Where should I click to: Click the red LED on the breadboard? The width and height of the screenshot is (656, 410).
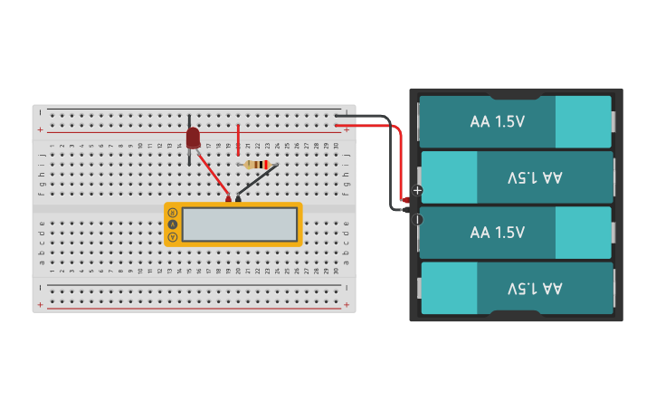pyautogui.click(x=192, y=138)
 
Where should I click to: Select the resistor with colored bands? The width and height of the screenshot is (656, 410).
pyautogui.click(x=258, y=165)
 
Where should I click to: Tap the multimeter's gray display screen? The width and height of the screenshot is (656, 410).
pyautogui.click(x=239, y=224)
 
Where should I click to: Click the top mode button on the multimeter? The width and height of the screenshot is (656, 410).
pyautogui.click(x=172, y=213)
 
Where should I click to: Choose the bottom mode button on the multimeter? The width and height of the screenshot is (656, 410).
pyautogui.click(x=172, y=236)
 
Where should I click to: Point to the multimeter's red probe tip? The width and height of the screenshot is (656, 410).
pyautogui.click(x=229, y=199)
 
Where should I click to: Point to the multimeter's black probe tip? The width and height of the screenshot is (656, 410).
pyautogui.click(x=238, y=199)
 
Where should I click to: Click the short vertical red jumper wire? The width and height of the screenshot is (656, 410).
pyautogui.click(x=238, y=138)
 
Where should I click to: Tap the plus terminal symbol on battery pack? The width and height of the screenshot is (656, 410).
pyautogui.click(x=417, y=190)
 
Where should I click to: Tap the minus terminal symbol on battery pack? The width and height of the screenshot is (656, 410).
pyautogui.click(x=417, y=219)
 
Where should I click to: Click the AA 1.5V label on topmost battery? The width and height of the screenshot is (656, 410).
pyautogui.click(x=497, y=121)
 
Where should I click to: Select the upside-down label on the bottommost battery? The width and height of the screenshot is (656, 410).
pyautogui.click(x=534, y=288)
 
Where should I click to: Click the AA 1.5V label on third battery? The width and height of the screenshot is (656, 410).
pyautogui.click(x=497, y=233)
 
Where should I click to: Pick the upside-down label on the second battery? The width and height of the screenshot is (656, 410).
pyautogui.click(x=534, y=177)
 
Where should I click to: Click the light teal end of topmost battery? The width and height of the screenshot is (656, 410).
pyautogui.click(x=583, y=121)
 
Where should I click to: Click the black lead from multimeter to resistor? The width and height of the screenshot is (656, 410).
pyautogui.click(x=257, y=181)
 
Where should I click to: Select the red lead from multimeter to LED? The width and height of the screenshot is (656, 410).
pyautogui.click(x=213, y=176)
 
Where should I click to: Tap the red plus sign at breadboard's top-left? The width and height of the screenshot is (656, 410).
pyautogui.click(x=40, y=130)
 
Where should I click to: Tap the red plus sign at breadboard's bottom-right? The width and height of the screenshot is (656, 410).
pyautogui.click(x=347, y=305)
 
